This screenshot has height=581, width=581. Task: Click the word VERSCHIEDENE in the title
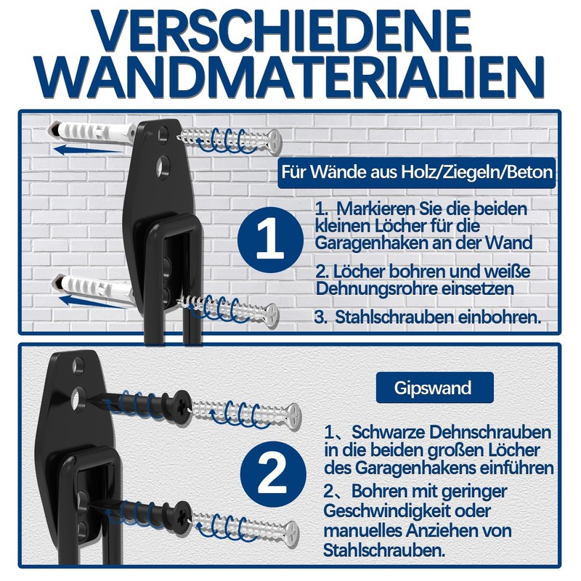pyautogui.click(x=283, y=31)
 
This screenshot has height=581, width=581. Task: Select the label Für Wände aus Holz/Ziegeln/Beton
pyautogui.click(x=416, y=173)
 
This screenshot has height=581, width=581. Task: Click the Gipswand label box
pyautogui.click(x=434, y=388)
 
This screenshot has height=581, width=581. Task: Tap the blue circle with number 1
pyautogui.click(x=270, y=240)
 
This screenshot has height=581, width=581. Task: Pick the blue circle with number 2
pyautogui.click(x=274, y=474)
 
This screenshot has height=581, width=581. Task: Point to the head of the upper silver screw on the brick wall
pyautogui.click(x=275, y=141)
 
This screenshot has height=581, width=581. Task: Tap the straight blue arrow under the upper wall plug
pyautogui.click(x=88, y=150)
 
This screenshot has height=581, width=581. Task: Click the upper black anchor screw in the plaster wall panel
pyautogui.click(x=148, y=404)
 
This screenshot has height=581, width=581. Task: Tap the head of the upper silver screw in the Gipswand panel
pyautogui.click(x=294, y=416)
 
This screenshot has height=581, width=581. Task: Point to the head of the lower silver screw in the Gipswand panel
pyautogui.click(x=292, y=534)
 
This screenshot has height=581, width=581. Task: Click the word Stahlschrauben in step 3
pyautogui.click(x=394, y=317)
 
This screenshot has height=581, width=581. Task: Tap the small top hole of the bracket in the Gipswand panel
pyautogui.click(x=78, y=366)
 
